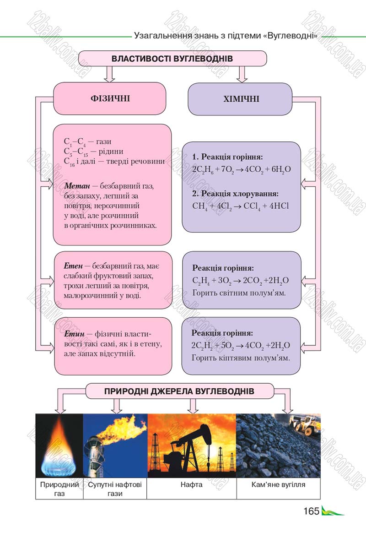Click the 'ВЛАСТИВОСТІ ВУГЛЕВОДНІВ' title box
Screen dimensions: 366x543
(x=172, y=58)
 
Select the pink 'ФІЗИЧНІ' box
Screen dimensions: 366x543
(x=109, y=98)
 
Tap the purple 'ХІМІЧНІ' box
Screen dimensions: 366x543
(x=240, y=99)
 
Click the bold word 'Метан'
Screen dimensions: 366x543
(x=77, y=186)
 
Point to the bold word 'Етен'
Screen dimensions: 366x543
(x=73, y=266)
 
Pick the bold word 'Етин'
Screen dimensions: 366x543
(x=74, y=334)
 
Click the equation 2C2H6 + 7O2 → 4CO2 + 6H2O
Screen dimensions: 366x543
(x=242, y=169)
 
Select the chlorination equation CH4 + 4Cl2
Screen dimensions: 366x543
(x=241, y=206)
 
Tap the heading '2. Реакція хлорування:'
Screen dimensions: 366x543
(x=235, y=194)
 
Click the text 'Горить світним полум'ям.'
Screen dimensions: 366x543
(x=239, y=293)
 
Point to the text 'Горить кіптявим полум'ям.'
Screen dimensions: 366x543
(x=241, y=358)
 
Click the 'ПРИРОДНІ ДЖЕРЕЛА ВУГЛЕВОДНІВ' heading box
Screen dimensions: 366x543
(x=179, y=391)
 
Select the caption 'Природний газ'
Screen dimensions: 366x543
(x=59, y=489)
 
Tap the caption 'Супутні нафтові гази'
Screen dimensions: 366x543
(x=115, y=489)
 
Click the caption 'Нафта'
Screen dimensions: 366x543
(x=191, y=484)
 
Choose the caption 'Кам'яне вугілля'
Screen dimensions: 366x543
(x=279, y=484)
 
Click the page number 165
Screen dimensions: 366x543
(x=312, y=511)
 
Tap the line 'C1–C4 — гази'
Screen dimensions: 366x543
(x=87, y=141)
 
